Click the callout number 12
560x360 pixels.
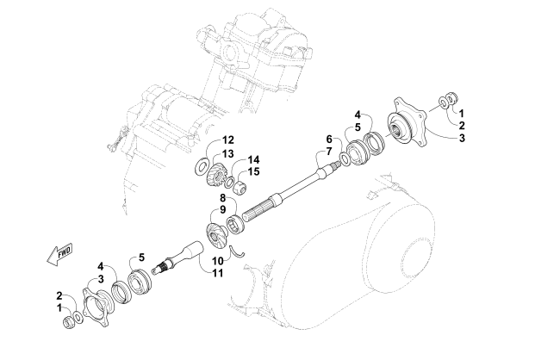tap(228, 140)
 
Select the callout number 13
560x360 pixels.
tap(228, 153)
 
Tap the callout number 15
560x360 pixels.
tap(255, 171)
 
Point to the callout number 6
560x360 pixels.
tap(329, 140)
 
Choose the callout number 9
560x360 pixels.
tap(221, 208)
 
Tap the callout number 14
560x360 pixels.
tap(254, 159)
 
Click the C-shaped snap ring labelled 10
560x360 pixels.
tap(244, 251)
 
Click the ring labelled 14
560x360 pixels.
tap(233, 180)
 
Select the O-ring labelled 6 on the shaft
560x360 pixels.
tap(345, 159)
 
